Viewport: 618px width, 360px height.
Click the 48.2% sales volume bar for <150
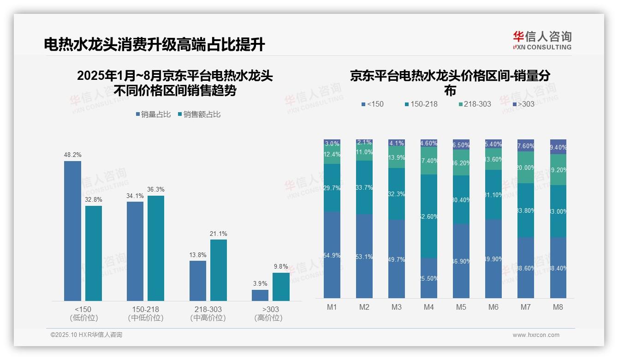(72, 231)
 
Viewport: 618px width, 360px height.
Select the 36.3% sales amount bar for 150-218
(155, 248)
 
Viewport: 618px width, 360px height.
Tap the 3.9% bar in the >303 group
(260, 295)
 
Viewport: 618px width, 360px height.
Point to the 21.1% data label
(218, 234)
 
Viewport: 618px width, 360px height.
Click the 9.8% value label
(280, 267)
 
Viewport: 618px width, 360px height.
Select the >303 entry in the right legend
(523, 104)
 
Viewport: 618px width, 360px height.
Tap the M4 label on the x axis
(429, 307)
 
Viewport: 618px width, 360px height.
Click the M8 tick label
(558, 307)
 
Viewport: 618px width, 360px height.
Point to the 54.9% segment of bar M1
(332, 255)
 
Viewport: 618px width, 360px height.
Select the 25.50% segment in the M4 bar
(429, 278)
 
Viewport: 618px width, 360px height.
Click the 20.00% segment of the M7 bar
(526, 167)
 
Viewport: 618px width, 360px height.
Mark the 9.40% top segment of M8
(558, 147)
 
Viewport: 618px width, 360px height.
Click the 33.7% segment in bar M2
(364, 187)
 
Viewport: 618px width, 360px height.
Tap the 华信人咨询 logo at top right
(542, 40)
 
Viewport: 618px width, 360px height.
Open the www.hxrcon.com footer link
(535, 335)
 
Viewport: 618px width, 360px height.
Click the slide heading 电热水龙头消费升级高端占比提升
(154, 45)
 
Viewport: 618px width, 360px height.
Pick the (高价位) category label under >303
(268, 318)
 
